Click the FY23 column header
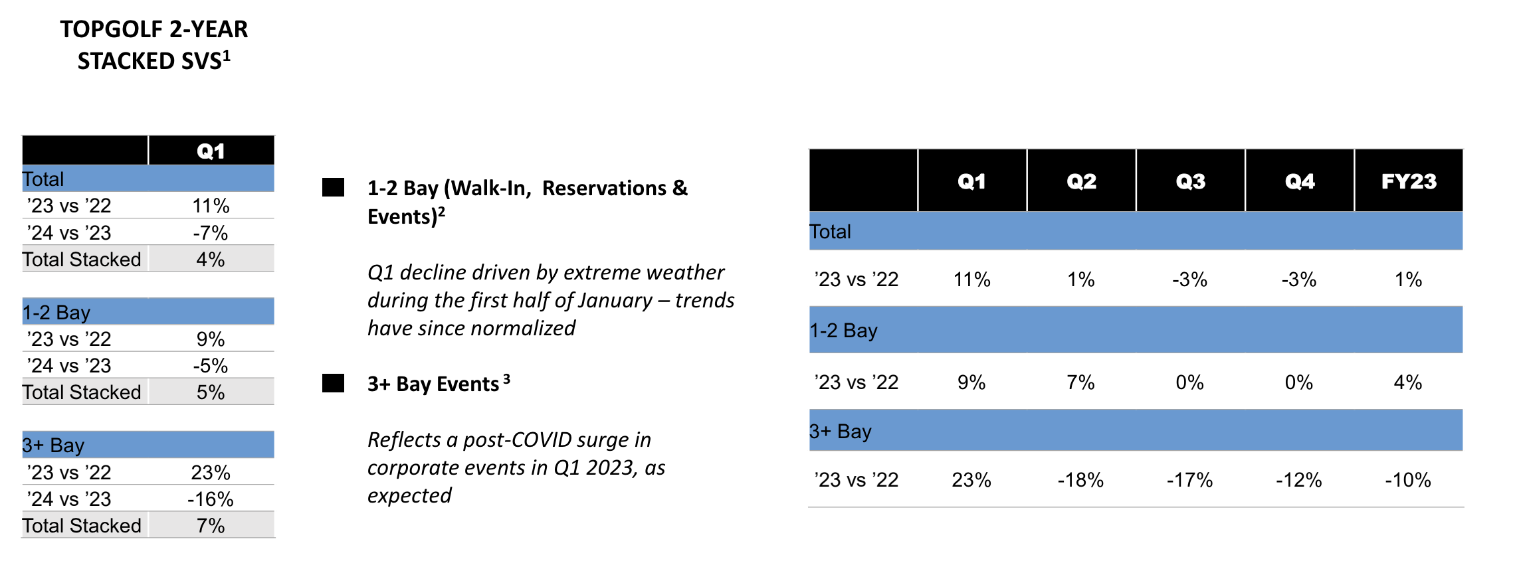coord(1409,181)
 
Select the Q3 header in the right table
coord(1190,181)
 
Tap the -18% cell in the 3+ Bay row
coord(1080,480)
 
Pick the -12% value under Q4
coord(1298,480)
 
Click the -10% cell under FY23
coord(1408,480)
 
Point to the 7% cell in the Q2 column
coord(1080,382)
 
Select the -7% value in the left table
coord(211,233)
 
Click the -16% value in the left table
coord(211,499)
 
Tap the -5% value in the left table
coord(211,366)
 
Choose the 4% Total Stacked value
coord(211,260)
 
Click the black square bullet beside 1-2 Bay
coord(333,188)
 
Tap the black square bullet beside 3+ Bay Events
coord(333,384)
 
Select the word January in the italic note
coord(615,301)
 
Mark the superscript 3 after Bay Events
coord(506,379)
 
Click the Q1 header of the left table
coord(211,151)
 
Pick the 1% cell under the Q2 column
coord(1080,280)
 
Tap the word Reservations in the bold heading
coord(604,189)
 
